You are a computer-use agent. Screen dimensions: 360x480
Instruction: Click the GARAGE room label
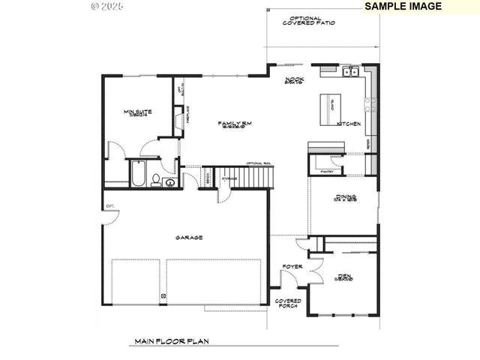click(x=189, y=237)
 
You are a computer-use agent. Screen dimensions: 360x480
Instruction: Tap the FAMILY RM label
click(x=234, y=124)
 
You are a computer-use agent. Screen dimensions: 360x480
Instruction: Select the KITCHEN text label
click(x=349, y=123)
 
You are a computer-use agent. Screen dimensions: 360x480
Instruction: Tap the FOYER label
click(x=292, y=266)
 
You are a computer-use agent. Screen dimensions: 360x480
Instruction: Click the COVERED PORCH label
click(x=289, y=302)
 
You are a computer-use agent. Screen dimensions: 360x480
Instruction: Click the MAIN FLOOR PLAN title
click(x=171, y=341)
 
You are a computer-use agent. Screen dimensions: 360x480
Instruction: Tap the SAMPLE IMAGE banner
click(x=403, y=6)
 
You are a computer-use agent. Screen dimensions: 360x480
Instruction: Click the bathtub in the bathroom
click(x=137, y=173)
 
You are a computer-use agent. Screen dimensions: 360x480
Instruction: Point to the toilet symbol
click(x=155, y=179)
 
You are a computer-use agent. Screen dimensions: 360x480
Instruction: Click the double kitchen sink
click(x=349, y=73)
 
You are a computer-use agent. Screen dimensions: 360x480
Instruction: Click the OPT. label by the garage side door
click(x=109, y=205)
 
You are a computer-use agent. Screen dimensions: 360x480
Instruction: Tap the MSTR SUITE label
click(x=138, y=113)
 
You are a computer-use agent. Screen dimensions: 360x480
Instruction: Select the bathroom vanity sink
click(x=170, y=181)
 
